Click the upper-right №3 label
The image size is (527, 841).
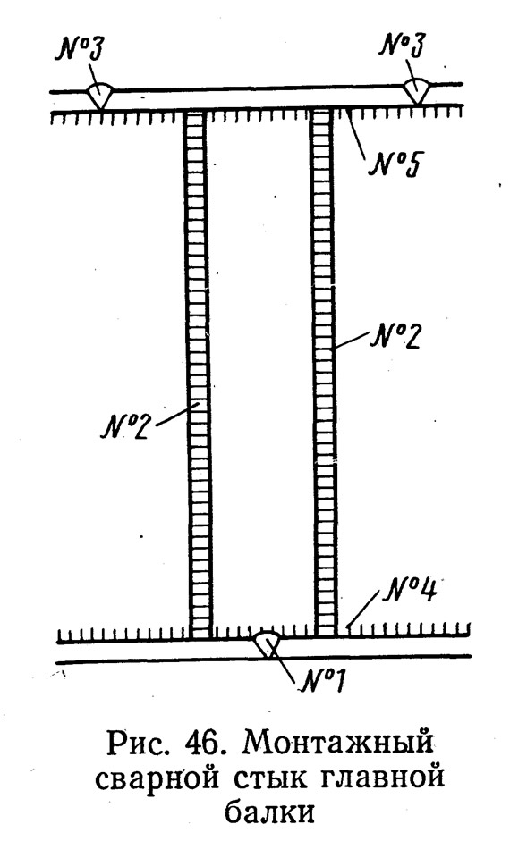[402, 44]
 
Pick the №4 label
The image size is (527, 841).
[410, 590]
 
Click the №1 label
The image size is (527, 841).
[321, 679]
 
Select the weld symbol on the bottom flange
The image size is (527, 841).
[267, 645]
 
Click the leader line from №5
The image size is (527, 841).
[357, 133]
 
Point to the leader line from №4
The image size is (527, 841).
[364, 609]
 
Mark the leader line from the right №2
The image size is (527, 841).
[352, 340]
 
